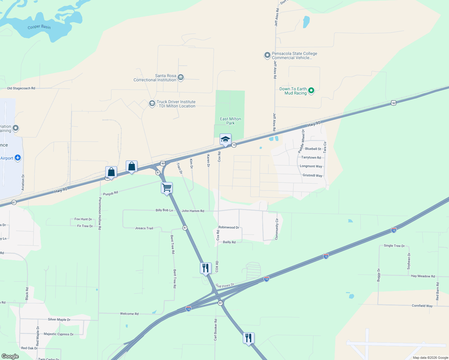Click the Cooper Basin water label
[39, 27]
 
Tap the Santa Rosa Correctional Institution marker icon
[181, 78]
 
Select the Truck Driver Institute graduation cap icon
[152, 104]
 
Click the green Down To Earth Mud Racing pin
[311, 91]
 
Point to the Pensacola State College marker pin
[267, 55]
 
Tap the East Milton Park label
[231, 121]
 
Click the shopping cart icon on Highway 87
[167, 188]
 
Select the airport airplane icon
[18, 158]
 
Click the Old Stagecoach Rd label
[21, 88]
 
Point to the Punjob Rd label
[110, 193]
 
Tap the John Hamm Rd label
[193, 211]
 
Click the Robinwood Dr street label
[229, 227]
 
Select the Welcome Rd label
[129, 314]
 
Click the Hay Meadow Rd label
[423, 276]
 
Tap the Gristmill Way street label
[312, 175]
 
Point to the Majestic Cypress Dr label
[59, 334]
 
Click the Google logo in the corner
[10, 356]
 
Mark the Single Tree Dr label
[394, 246]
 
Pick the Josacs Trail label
[144, 228]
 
